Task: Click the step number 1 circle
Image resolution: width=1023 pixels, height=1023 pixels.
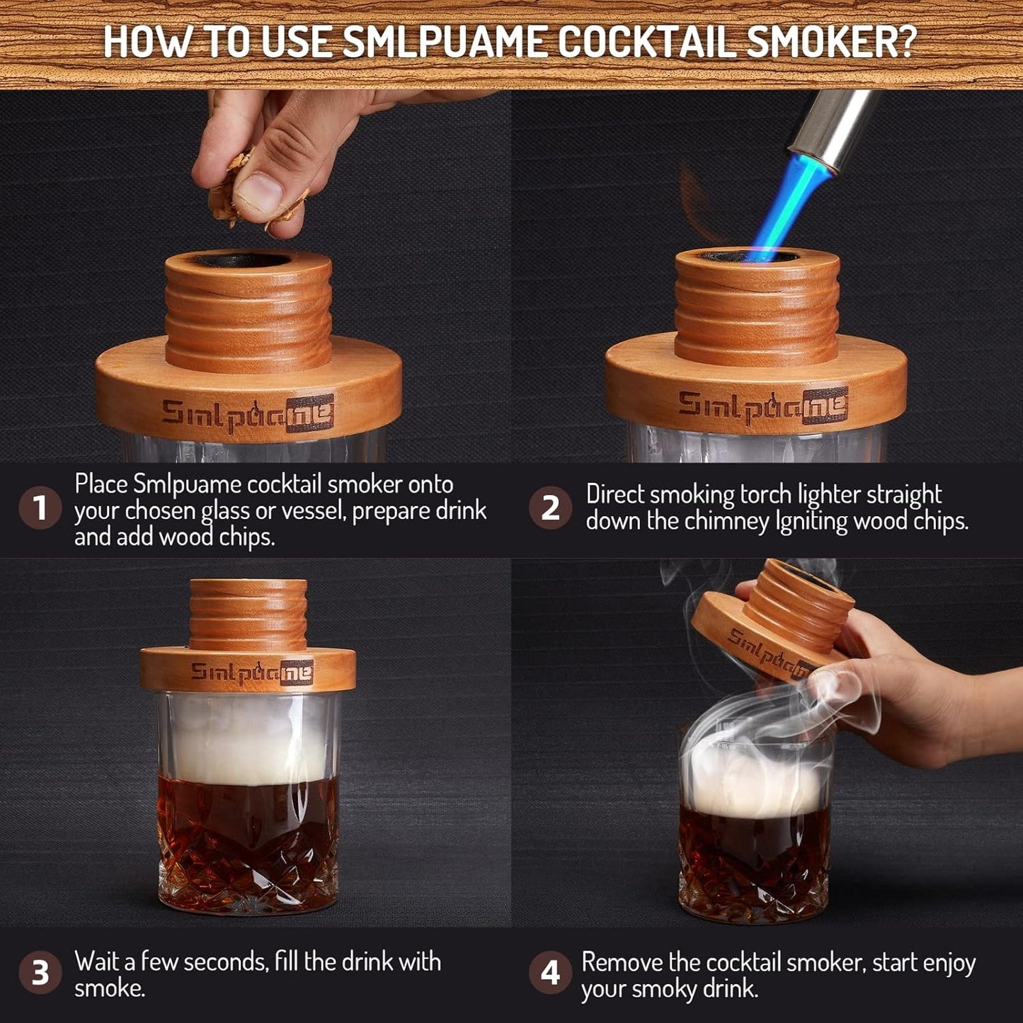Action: [40, 508]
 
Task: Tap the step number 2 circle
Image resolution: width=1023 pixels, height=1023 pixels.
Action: [550, 508]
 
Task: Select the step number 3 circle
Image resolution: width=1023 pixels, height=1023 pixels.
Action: [40, 973]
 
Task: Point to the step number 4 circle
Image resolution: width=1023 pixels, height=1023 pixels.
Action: [550, 973]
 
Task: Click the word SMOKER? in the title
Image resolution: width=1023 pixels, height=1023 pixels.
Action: [831, 42]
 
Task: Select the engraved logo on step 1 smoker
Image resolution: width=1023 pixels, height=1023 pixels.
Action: [247, 415]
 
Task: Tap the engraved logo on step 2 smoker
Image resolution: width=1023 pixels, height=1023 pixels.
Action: [762, 406]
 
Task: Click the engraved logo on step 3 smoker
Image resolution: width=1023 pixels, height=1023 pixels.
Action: [251, 672]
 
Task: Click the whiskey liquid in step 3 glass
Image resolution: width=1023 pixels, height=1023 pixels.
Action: [248, 814]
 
